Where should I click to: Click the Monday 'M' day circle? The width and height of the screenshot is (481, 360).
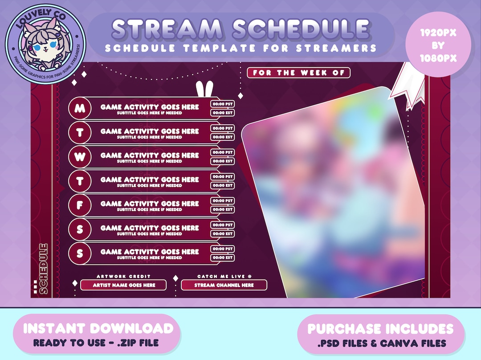[x=80, y=108]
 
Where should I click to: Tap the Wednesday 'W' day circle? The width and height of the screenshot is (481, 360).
[x=80, y=157]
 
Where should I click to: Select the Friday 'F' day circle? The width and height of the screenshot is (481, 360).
[x=80, y=205]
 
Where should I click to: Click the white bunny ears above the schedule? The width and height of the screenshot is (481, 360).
[x=204, y=89]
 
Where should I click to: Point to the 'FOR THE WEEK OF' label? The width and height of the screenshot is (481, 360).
[x=298, y=73]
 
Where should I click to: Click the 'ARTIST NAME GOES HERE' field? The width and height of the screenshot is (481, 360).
[x=123, y=285]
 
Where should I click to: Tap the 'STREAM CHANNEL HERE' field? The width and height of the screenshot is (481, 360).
[x=224, y=285]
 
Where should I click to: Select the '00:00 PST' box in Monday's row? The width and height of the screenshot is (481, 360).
[x=222, y=104]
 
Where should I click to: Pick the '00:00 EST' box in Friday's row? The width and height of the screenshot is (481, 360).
[x=222, y=209]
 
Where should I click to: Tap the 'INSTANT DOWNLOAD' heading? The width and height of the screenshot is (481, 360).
[x=98, y=328]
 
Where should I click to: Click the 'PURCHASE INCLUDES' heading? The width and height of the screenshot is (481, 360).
[x=380, y=329]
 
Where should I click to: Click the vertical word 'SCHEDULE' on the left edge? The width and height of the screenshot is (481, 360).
[x=44, y=269]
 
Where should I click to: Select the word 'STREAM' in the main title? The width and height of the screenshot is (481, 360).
[x=167, y=29]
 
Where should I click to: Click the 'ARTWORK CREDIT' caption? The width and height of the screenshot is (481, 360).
[x=123, y=276]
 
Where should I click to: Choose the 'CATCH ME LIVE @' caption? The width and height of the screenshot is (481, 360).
[x=224, y=276]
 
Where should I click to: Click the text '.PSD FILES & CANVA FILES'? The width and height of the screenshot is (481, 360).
[x=382, y=343]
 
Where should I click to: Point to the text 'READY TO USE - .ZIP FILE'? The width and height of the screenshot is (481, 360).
[x=96, y=343]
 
